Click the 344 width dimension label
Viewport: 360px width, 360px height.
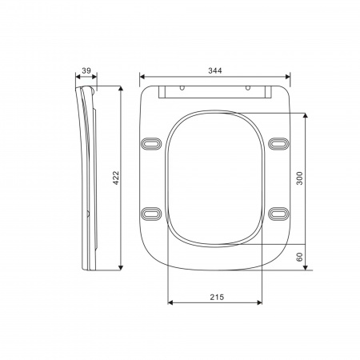[x=215, y=70]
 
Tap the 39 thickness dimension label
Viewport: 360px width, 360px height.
[x=86, y=70]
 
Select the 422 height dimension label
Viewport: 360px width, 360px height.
[x=116, y=178]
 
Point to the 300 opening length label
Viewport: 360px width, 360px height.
[x=300, y=178]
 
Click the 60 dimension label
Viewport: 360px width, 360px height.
[x=300, y=257]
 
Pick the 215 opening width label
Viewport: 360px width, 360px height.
[x=217, y=297]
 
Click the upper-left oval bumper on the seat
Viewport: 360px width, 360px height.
[x=151, y=144]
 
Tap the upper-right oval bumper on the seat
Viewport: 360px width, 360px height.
[x=278, y=143]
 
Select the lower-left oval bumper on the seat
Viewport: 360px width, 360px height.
[x=151, y=214]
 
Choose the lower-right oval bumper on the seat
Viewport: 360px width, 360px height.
[x=278, y=214]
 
